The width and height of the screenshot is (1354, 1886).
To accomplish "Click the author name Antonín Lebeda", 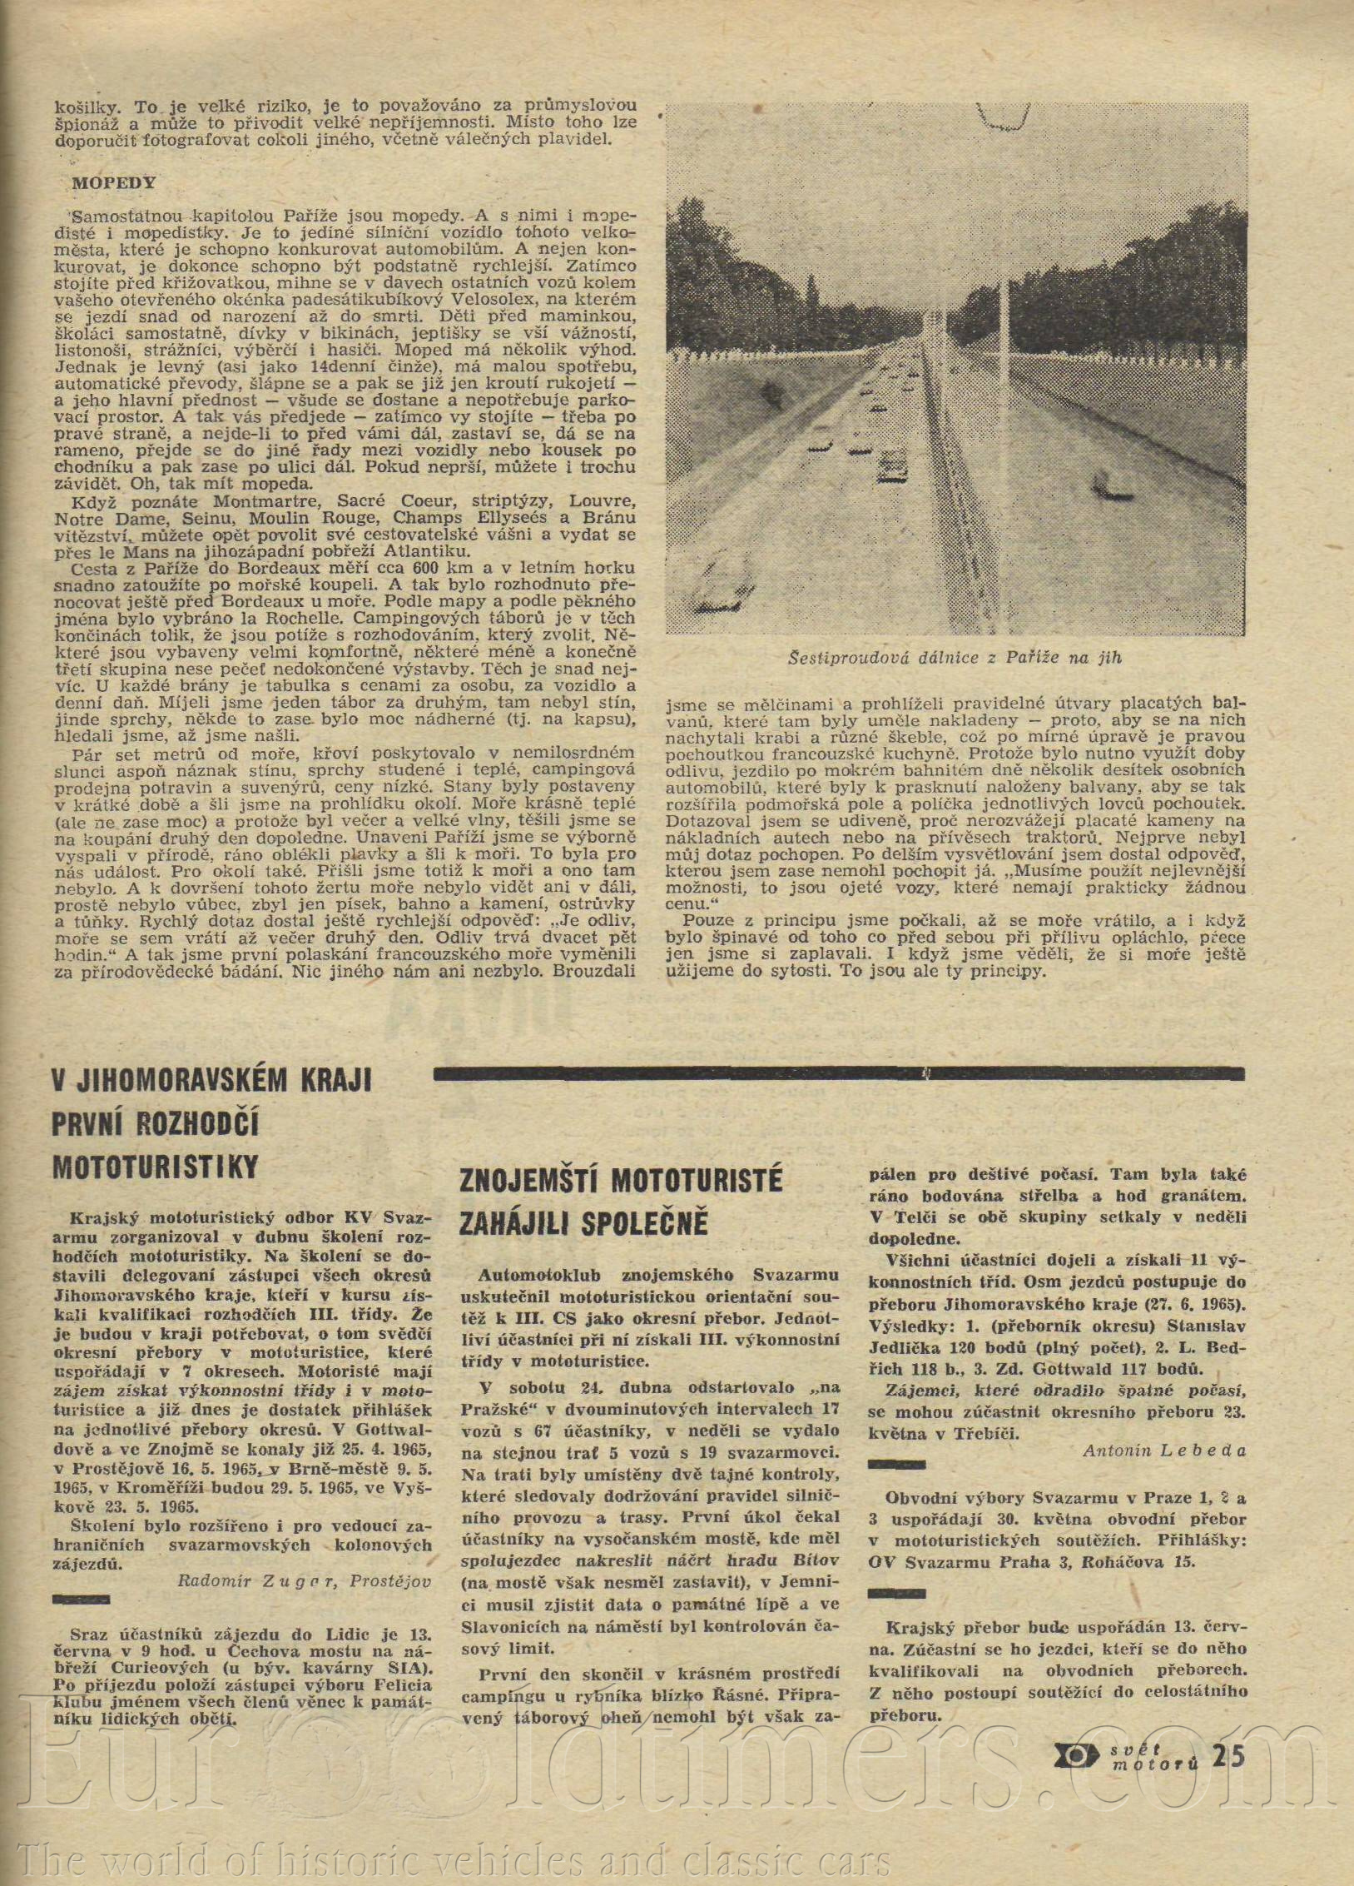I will coord(1164,1451).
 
